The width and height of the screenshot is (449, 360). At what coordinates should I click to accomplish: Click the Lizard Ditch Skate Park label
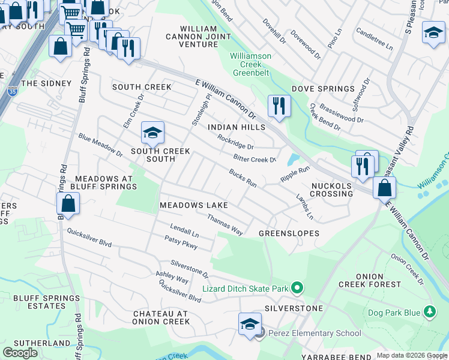click(x=246, y=289)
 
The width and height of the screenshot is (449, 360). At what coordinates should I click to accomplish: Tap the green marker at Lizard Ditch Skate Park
click(x=296, y=289)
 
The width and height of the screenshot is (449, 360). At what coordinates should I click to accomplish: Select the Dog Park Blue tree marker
click(x=429, y=312)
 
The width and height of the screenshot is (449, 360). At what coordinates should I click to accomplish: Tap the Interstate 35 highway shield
click(x=13, y=92)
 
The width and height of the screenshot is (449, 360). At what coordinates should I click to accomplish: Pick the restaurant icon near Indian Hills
click(x=279, y=106)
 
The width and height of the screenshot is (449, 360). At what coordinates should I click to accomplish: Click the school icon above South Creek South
click(x=152, y=132)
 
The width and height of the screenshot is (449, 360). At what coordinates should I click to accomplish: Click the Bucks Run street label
click(x=243, y=178)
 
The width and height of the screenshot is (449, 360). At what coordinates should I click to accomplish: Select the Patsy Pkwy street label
click(x=181, y=241)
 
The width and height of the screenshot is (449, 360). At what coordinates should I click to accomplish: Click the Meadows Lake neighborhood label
click(x=193, y=205)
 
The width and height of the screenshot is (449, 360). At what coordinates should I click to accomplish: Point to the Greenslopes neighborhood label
click(x=289, y=233)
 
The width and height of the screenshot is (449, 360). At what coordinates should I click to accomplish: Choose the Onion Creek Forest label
click(x=386, y=280)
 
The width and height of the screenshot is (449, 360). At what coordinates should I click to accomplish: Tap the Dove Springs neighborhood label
click(x=323, y=89)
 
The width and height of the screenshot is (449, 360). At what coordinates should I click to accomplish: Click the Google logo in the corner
click(x=20, y=352)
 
